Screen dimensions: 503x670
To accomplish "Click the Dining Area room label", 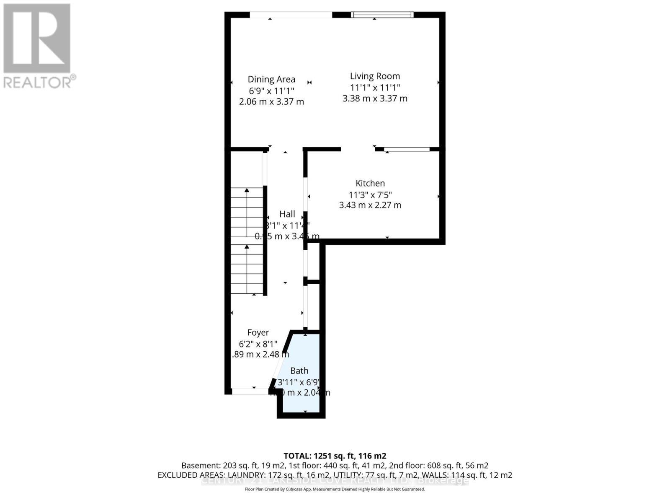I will coord(271,79).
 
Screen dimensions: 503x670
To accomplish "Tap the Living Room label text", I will coord(375,76).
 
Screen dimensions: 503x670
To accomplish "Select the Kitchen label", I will coord(370,183).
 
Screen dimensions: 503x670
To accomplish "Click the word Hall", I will coord(287,214).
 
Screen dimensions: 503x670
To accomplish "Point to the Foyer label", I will coord(258,333).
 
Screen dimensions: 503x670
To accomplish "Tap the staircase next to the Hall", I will coord(247,241).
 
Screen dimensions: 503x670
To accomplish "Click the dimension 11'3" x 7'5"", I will coord(370,195).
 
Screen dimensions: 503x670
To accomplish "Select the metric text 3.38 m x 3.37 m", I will coord(375,99).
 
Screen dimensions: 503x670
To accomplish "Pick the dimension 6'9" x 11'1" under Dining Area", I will coord(271,91).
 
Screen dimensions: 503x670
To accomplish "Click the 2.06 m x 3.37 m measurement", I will coord(271,101).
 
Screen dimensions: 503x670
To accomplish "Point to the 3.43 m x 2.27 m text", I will coord(370,205).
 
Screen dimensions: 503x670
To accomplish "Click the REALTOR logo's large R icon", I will coord(37,39).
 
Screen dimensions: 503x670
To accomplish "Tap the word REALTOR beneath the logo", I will coord(38,82).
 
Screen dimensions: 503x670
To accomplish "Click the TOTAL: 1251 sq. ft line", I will coord(335,456).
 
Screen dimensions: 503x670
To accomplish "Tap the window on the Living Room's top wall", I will coord(382,15).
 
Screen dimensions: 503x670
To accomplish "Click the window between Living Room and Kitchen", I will coord(407,149).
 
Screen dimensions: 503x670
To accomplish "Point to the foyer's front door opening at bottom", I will coord(250,391).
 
